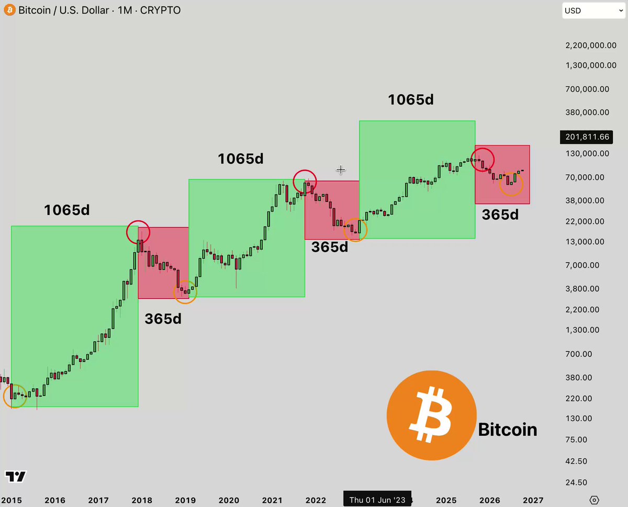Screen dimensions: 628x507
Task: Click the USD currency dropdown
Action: (x=593, y=10)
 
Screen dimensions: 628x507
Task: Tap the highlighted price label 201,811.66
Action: (x=587, y=137)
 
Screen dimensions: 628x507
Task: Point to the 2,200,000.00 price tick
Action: (x=591, y=46)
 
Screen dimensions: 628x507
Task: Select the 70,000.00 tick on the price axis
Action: (x=585, y=177)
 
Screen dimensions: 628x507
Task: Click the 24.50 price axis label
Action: (x=576, y=482)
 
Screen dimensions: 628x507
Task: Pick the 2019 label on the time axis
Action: (x=185, y=500)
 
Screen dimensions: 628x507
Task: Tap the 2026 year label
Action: (x=489, y=500)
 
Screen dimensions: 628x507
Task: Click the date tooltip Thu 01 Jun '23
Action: (x=377, y=500)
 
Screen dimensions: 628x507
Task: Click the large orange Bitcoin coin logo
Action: (x=431, y=415)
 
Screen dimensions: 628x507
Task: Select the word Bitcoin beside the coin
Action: (x=508, y=430)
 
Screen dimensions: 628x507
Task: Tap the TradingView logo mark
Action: (x=16, y=476)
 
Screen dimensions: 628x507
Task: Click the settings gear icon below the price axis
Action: (x=594, y=500)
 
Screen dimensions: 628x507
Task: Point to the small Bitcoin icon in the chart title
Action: (x=9, y=10)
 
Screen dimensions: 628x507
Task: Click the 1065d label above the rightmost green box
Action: (x=411, y=99)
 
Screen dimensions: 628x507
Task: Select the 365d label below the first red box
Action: (x=163, y=319)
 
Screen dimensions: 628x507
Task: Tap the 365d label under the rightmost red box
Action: (x=500, y=215)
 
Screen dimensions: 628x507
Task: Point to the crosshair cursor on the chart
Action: (x=341, y=170)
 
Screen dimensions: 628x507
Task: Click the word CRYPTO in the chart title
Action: (x=160, y=10)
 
